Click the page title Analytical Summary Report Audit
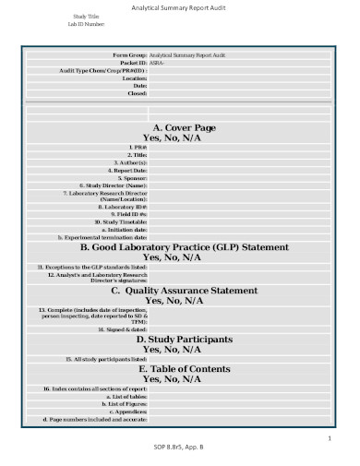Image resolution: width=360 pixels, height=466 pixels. (x=180, y=7)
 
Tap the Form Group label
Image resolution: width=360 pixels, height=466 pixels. (x=129, y=55)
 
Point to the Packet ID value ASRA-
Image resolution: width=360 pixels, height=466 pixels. (x=157, y=63)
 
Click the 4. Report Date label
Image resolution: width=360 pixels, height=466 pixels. (x=127, y=171)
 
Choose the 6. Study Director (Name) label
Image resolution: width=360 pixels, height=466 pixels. (x=115, y=186)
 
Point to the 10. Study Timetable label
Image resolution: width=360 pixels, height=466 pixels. (x=121, y=222)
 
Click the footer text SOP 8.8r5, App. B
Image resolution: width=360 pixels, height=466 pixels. (x=179, y=448)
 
